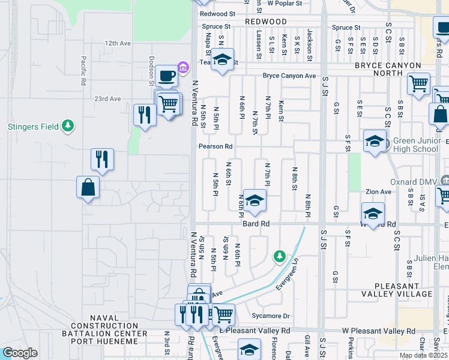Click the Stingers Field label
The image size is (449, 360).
click(x=33, y=127)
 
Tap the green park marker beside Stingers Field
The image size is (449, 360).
click(x=68, y=126)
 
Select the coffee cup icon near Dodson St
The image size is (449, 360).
click(x=167, y=75)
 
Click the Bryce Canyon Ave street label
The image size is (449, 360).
click(x=289, y=76)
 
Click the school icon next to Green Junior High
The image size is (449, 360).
click(x=375, y=142)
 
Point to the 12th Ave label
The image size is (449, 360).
click(x=117, y=44)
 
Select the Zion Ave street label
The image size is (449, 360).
click(x=378, y=192)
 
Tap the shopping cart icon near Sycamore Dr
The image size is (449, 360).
click(x=223, y=313)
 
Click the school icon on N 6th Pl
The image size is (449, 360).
click(x=255, y=200)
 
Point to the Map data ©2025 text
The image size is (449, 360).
click(x=423, y=355)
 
